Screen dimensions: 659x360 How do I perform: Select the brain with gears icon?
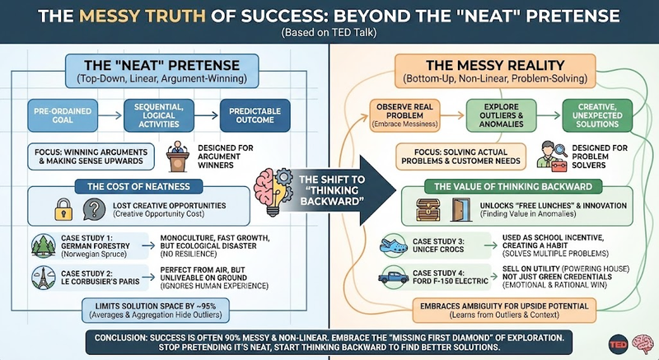(x=274, y=182)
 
